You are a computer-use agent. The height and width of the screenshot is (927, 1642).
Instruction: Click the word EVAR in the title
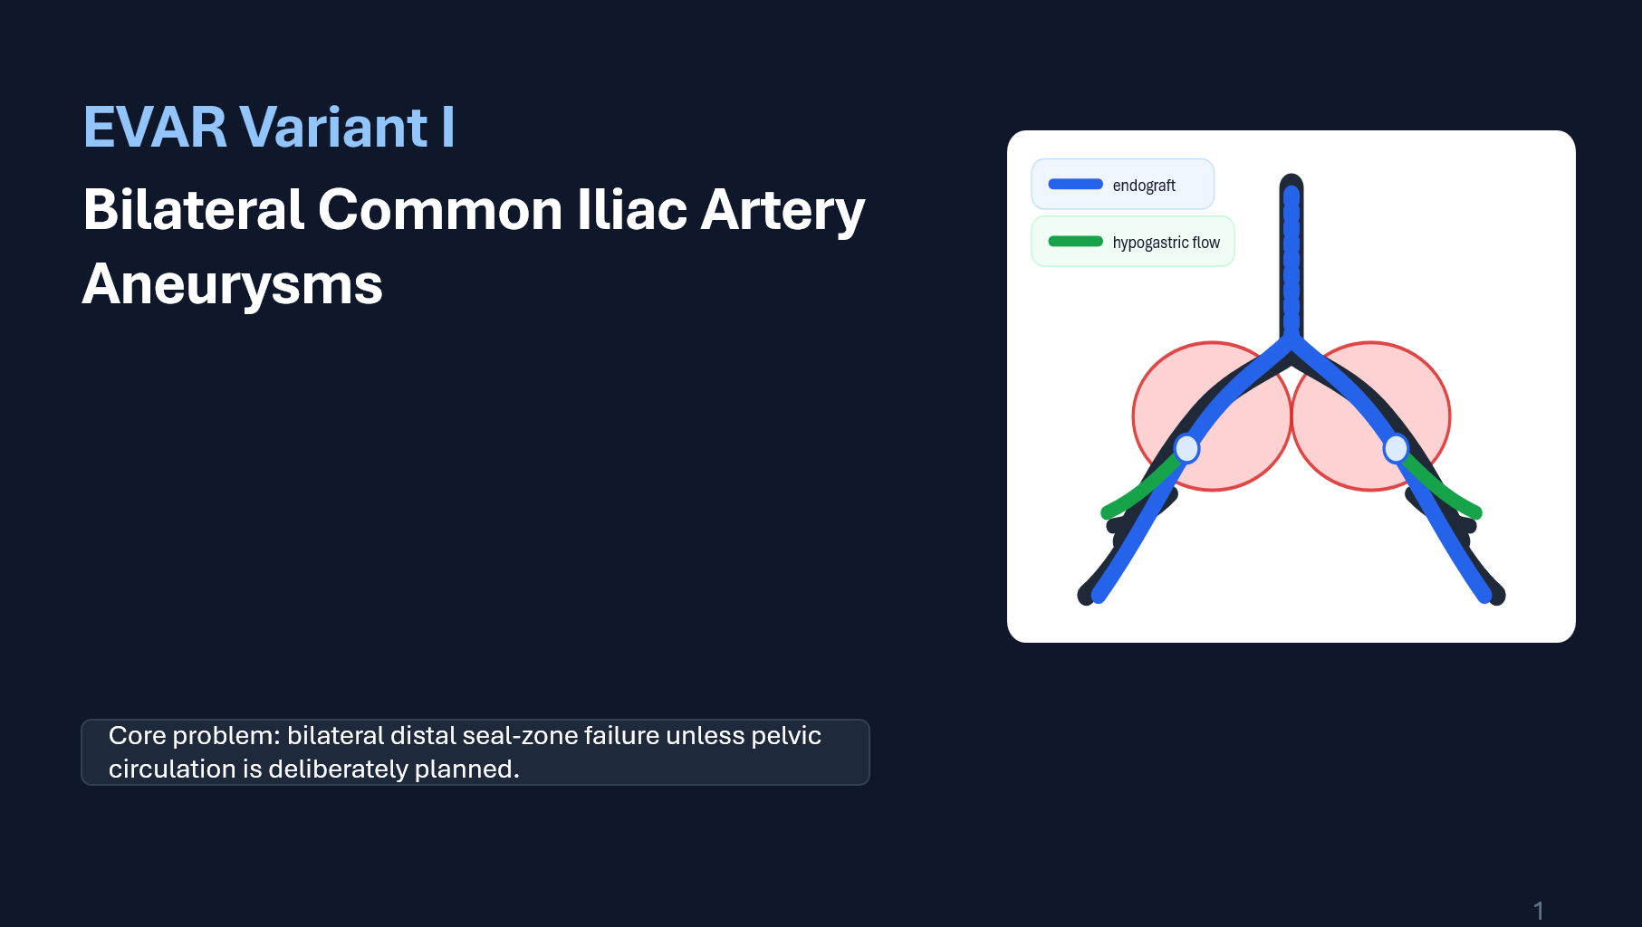pos(155,127)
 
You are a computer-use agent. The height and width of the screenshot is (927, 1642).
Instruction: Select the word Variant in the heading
pos(334,127)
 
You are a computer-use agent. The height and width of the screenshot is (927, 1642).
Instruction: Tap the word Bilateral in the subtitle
pos(193,210)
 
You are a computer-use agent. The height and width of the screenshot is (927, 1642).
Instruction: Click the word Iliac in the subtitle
pos(633,210)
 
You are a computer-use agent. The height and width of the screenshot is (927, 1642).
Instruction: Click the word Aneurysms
pos(233,284)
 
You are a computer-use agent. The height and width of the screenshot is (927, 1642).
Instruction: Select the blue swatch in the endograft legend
pos(1075,184)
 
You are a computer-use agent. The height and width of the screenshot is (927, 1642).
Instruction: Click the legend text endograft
pos(1144,186)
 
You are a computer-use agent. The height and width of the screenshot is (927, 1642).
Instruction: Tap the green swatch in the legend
pos(1075,241)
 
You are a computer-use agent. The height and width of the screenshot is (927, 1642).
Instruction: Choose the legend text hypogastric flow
pos(1166,243)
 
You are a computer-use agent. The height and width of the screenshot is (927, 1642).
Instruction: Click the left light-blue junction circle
pos(1186,448)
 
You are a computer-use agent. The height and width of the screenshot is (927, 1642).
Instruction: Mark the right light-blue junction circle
pos(1396,448)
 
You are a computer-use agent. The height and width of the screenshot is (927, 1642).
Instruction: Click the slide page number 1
pos(1538,911)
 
